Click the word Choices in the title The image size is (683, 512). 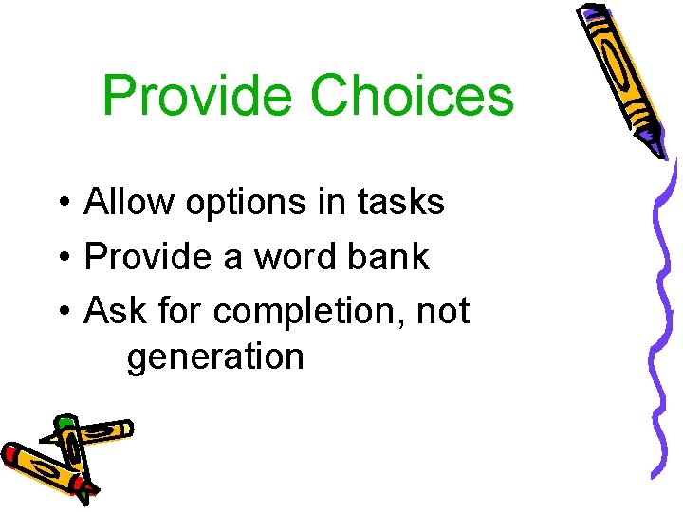pyautogui.click(x=412, y=97)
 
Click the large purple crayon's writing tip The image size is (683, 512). pyautogui.click(x=658, y=148)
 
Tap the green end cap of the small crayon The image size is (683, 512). pyautogui.click(x=65, y=424)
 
